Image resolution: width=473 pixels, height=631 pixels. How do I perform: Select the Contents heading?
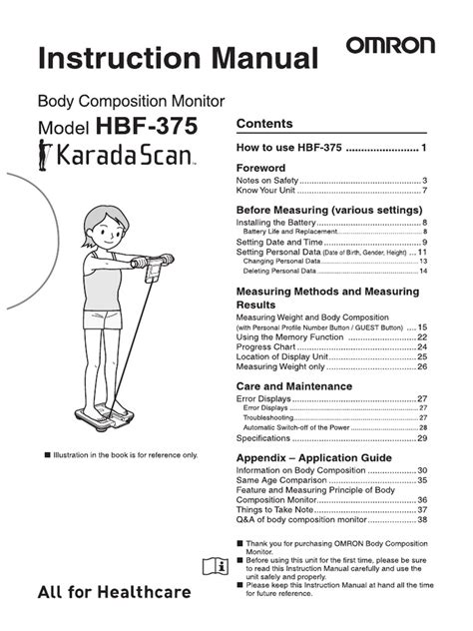[263, 124]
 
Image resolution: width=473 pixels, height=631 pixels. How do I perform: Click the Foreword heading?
[261, 168]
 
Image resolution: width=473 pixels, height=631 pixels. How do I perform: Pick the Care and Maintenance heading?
[293, 385]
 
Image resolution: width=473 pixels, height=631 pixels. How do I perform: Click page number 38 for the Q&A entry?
[422, 520]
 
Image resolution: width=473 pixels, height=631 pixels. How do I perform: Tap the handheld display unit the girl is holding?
[159, 268]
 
